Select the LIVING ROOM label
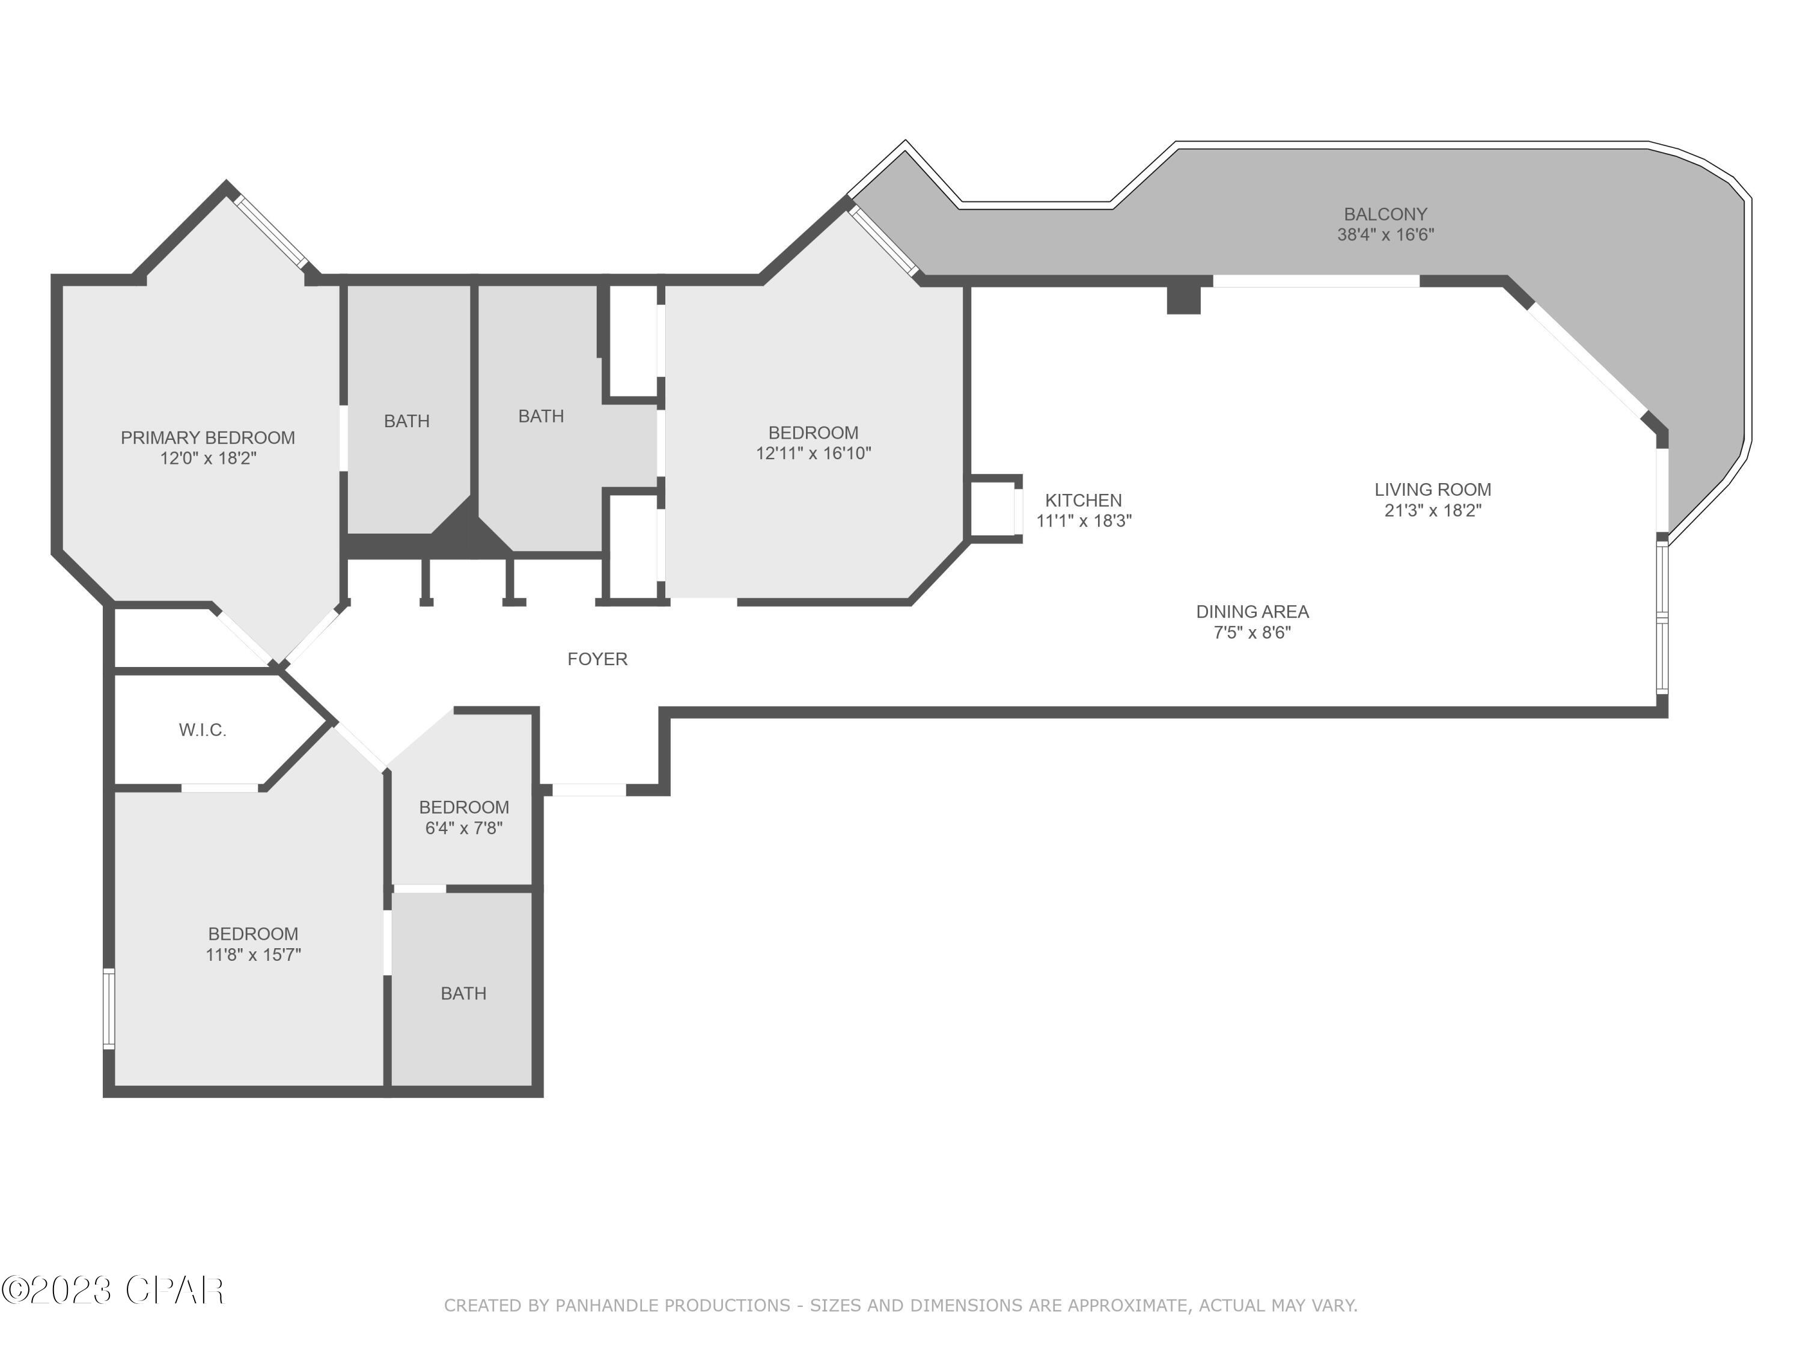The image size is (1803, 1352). [x=1432, y=490]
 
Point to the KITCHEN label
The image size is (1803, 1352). [x=1083, y=501]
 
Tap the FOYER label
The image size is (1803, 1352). [x=597, y=659]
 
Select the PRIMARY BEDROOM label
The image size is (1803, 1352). [x=208, y=437]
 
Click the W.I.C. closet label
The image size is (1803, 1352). [x=202, y=730]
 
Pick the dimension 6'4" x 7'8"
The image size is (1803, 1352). [x=464, y=829]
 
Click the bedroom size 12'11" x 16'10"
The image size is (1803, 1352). [x=813, y=454]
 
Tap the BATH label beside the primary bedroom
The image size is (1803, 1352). [x=407, y=421]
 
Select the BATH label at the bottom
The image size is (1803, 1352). [x=463, y=993]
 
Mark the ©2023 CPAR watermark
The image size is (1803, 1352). [x=112, y=1290]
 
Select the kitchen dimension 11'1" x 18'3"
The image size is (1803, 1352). [x=1083, y=522]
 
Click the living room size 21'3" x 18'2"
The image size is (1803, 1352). [x=1432, y=511]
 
